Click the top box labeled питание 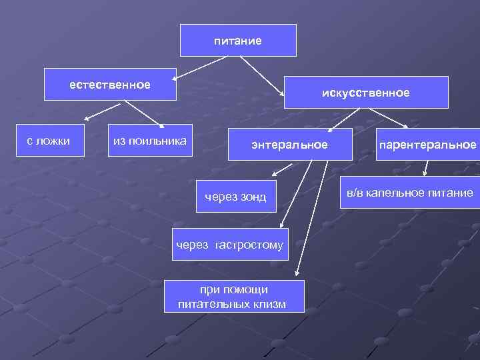238,40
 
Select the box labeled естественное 111,85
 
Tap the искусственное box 365,93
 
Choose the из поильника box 150,140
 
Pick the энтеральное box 289,144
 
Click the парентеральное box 427,144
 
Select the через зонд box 237,196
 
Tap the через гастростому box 229,245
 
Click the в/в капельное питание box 410,193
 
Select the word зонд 253,196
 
